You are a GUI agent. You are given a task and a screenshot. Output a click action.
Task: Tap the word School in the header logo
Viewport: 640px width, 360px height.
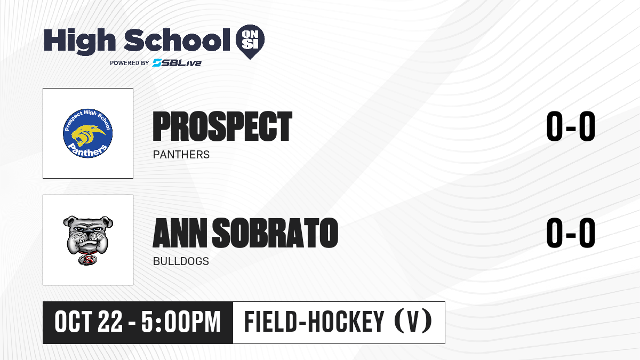(x=177, y=40)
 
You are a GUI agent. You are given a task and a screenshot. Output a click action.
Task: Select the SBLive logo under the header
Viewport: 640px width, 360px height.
(x=177, y=62)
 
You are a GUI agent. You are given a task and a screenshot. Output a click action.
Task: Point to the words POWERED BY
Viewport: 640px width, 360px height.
(x=130, y=63)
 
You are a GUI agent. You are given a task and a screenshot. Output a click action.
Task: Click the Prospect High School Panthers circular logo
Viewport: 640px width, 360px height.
(x=87, y=133)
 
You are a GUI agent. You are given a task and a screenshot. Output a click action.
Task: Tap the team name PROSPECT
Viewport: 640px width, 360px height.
(x=222, y=126)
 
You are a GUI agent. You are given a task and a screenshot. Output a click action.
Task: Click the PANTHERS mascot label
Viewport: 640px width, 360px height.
(x=181, y=155)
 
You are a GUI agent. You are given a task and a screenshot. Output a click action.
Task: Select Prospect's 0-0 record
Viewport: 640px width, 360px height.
(x=571, y=126)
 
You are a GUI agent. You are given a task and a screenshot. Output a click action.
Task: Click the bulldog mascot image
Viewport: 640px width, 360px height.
(x=88, y=240)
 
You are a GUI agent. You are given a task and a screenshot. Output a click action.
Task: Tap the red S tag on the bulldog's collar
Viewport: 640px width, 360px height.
(x=87, y=260)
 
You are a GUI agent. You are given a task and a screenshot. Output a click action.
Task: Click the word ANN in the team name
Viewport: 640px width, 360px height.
(x=180, y=233)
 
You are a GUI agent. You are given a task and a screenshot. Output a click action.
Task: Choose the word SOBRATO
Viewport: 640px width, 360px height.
(x=275, y=233)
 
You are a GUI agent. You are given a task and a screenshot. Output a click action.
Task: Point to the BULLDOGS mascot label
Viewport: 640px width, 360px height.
(x=181, y=261)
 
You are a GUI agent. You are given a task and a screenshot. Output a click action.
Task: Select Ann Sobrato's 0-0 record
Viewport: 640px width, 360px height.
(x=571, y=233)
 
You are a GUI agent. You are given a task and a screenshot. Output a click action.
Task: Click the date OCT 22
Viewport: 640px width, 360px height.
(x=89, y=322)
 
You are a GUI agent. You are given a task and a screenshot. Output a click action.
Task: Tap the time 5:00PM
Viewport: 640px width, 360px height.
(x=181, y=322)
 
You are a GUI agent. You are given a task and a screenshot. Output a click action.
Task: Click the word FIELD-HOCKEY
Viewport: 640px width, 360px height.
(x=314, y=322)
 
